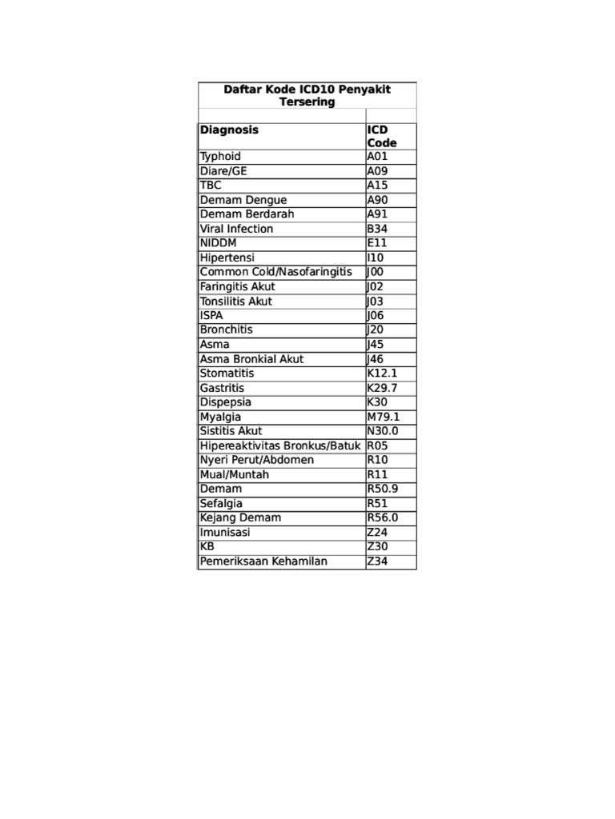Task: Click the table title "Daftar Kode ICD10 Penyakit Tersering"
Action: point(307,96)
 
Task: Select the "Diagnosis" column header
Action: point(230,130)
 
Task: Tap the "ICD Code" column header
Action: point(382,136)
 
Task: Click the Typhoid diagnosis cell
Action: point(220,157)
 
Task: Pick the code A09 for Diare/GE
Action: point(377,171)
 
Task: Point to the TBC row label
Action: point(211,186)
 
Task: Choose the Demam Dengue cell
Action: point(243,200)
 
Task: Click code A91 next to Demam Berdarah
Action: point(377,214)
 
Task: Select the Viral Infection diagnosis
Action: point(236,229)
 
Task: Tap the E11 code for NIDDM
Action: point(377,243)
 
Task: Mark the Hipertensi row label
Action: point(227,258)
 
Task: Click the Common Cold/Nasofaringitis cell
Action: point(275,272)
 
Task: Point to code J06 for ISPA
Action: point(376,316)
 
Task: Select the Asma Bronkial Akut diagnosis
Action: point(252,359)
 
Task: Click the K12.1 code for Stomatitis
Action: point(382,374)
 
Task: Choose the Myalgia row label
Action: point(220,417)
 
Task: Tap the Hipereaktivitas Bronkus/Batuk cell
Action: point(281,445)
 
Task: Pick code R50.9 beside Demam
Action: point(383,489)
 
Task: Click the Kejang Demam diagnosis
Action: point(240,517)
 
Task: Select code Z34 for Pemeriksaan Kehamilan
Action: point(377,561)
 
